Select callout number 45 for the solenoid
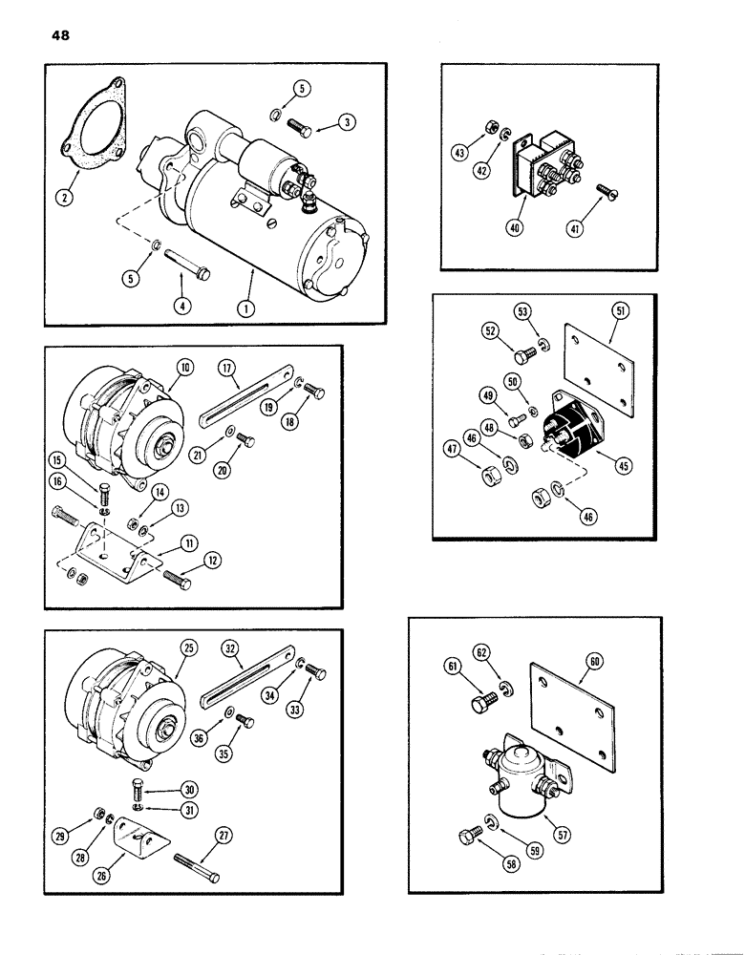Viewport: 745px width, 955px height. pyautogui.click(x=598, y=467)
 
